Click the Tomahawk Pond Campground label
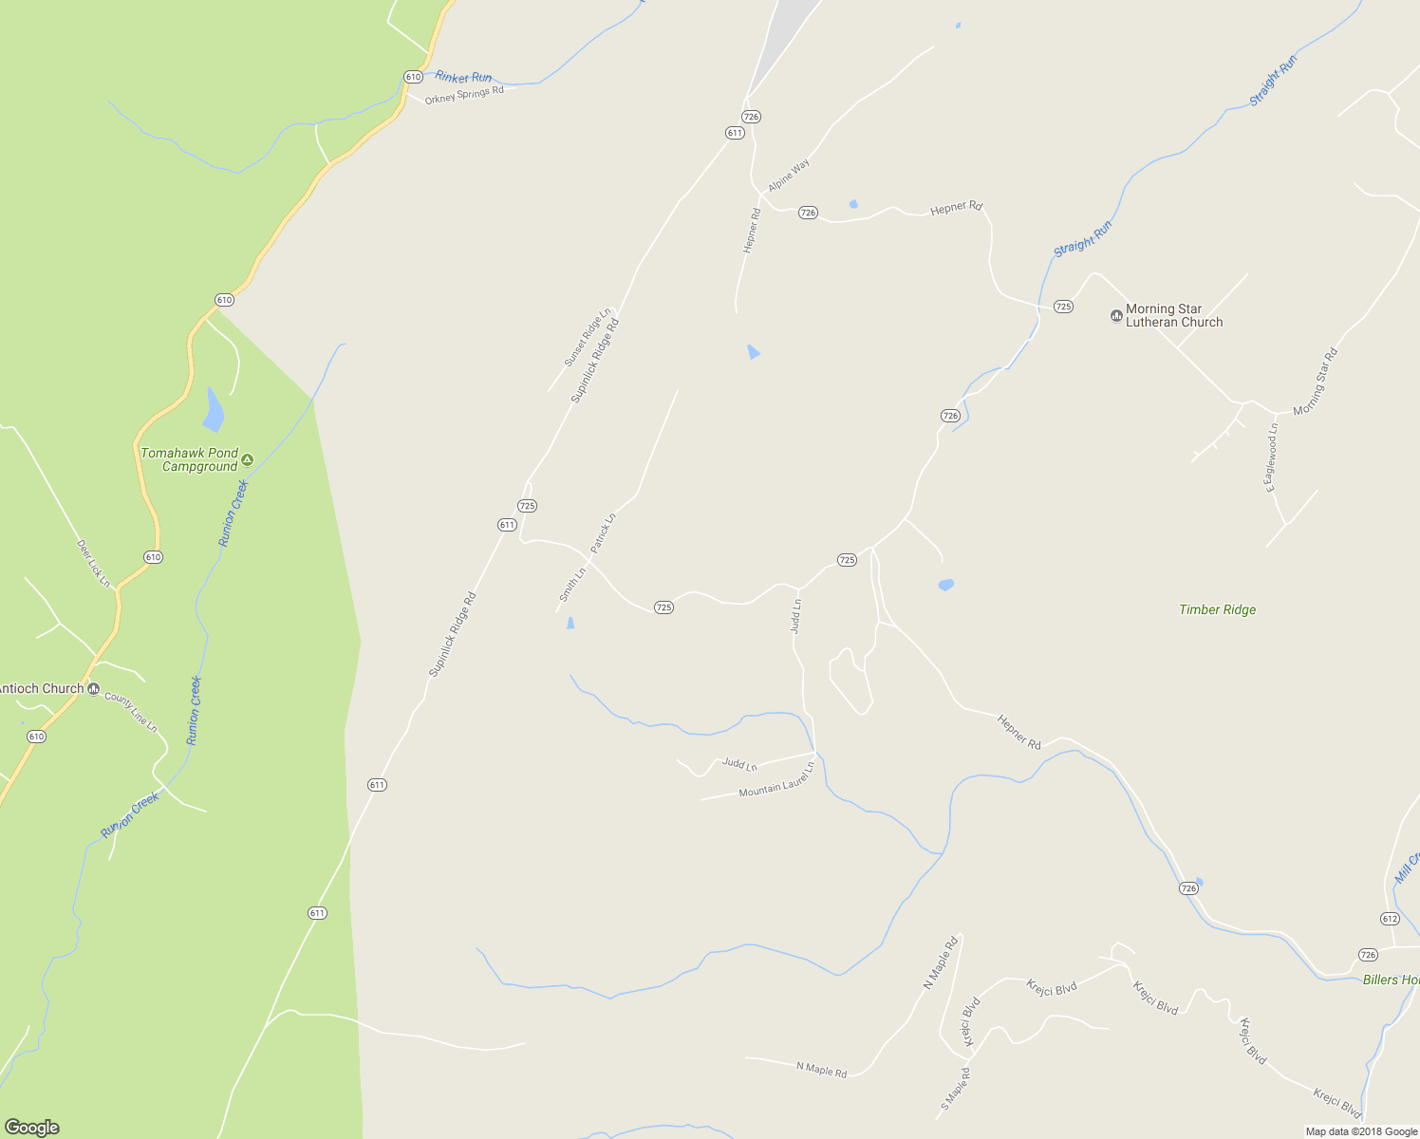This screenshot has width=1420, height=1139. point(190,459)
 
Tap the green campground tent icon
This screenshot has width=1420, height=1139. point(248,459)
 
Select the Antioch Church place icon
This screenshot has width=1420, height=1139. point(93,689)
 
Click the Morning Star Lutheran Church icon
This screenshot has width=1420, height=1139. point(1116,315)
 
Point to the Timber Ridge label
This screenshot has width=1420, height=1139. point(1217,610)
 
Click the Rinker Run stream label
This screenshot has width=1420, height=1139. point(463,77)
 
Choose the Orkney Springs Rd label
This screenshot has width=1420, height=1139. point(464,95)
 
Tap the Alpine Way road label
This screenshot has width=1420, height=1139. point(789,176)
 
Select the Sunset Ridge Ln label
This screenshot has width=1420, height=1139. point(588,338)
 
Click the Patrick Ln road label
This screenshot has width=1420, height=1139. point(603,533)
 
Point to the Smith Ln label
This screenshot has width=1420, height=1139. point(572,584)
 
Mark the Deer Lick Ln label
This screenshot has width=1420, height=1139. point(93,563)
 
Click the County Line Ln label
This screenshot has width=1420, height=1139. point(131,712)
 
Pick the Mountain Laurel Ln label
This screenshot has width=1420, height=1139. point(776,780)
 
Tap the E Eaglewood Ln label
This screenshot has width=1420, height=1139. point(1271,457)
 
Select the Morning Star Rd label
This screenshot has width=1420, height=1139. point(1315,381)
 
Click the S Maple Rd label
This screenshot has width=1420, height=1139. point(955,1090)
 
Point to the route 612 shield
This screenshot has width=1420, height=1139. point(1390,919)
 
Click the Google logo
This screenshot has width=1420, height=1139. point(32,1128)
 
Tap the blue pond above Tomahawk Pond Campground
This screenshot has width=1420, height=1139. point(214,409)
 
